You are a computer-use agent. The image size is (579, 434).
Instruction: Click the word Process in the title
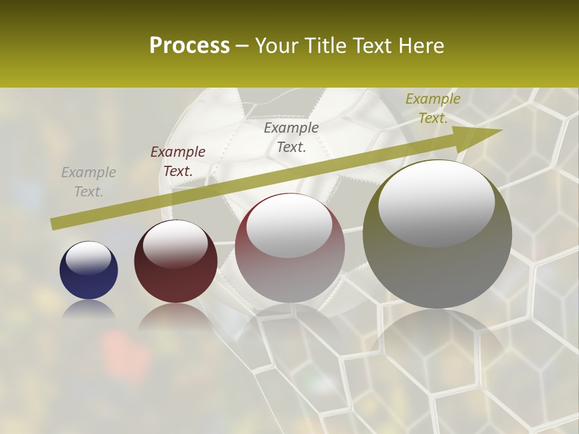click(189, 46)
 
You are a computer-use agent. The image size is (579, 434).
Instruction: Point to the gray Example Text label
click(89, 182)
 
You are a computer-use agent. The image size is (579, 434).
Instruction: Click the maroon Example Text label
click(178, 162)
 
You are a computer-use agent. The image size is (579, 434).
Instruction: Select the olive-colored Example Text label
click(432, 108)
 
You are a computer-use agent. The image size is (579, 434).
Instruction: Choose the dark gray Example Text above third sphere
click(291, 137)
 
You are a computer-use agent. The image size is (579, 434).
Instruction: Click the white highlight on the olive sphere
click(436, 202)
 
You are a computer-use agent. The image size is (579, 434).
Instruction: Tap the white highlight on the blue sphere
click(89, 258)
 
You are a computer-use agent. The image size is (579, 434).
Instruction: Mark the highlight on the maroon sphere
click(176, 242)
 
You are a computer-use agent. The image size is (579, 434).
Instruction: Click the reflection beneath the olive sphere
click(437, 338)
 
